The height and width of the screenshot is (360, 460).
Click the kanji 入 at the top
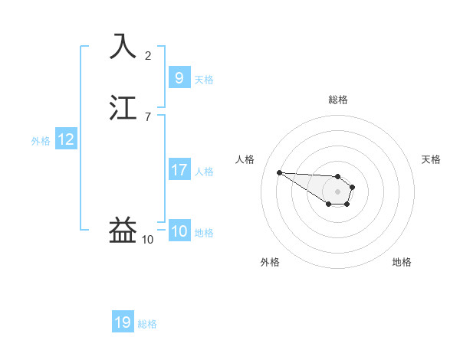pyautogui.click(x=123, y=46)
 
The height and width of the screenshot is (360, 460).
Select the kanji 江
pyautogui.click(x=123, y=108)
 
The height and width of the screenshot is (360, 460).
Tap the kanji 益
pyautogui.click(x=123, y=231)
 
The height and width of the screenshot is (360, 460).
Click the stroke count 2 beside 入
pyautogui.click(x=148, y=56)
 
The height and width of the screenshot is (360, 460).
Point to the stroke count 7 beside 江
pyautogui.click(x=148, y=117)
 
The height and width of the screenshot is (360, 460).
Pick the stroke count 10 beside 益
pyautogui.click(x=148, y=240)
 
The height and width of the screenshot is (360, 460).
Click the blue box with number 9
pyautogui.click(x=179, y=77)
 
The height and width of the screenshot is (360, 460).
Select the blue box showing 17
pyautogui.click(x=179, y=170)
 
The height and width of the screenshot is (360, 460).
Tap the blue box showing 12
pyautogui.click(x=66, y=139)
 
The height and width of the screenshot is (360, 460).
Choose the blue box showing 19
pyautogui.click(x=123, y=322)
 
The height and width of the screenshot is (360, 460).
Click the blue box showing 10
pyautogui.click(x=179, y=231)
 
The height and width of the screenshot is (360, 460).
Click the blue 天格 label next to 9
pyautogui.click(x=204, y=79)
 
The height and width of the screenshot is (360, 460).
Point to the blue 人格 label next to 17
pyautogui.click(x=204, y=172)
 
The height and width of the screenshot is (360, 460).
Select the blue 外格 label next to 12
pyautogui.click(x=41, y=141)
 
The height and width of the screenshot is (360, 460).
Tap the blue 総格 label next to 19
pyautogui.click(x=147, y=324)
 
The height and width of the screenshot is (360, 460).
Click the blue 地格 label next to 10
pyautogui.click(x=204, y=233)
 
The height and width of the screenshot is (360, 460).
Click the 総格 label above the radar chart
pyautogui.click(x=337, y=100)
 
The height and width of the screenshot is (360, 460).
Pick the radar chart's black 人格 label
pyautogui.click(x=245, y=159)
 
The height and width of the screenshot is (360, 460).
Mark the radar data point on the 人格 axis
pyautogui.click(x=279, y=172)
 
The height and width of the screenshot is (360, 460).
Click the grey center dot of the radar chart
pyautogui.click(x=337, y=191)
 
